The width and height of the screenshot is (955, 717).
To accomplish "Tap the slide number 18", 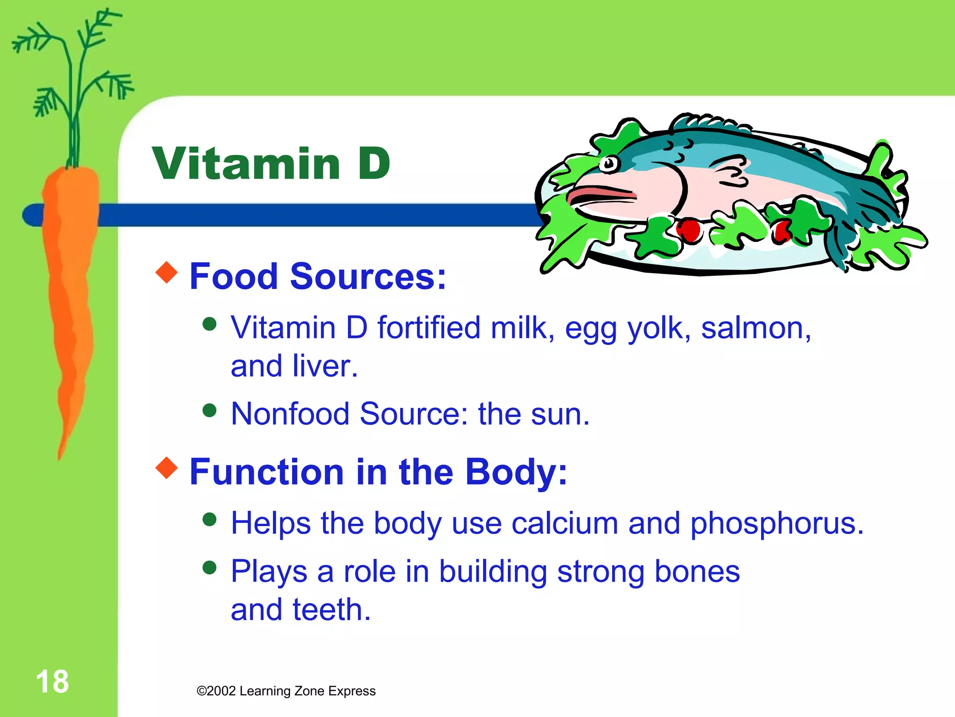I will (x=52, y=682).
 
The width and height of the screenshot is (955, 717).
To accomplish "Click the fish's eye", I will (x=609, y=164).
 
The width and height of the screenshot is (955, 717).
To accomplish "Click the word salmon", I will (x=755, y=328).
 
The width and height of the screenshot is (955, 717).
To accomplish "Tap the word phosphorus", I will (x=776, y=524).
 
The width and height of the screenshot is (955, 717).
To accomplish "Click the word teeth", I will (x=331, y=610).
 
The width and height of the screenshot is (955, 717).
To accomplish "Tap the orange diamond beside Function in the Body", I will (x=167, y=468).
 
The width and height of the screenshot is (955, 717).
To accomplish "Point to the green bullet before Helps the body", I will (x=210, y=519).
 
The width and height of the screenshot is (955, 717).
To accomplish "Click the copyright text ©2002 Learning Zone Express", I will (x=286, y=691).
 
